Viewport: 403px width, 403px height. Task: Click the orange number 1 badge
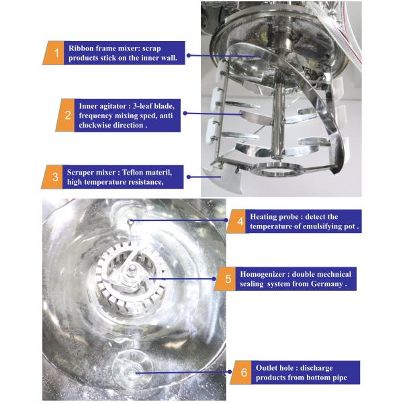[56, 52]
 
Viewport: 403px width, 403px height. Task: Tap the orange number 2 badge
[68, 115]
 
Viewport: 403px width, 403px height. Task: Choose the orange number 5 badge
[228, 278]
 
